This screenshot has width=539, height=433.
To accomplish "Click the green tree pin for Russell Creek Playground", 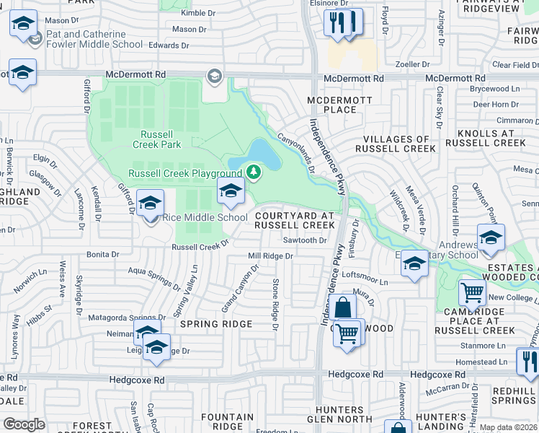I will click(253, 172).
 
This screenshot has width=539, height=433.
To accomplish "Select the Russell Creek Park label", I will click(156, 139).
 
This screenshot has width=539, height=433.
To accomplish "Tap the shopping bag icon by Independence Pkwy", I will click(344, 308).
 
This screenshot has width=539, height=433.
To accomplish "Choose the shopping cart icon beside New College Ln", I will click(472, 293).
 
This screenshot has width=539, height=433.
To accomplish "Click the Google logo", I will click(24, 424).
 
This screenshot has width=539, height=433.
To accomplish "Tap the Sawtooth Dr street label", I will click(305, 240).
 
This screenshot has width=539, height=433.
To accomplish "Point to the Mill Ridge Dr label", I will click(270, 256).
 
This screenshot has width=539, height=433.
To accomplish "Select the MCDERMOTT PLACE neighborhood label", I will click(331, 105).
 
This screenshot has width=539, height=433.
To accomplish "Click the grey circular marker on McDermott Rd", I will click(214, 76).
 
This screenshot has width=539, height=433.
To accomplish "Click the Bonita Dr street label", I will click(102, 255).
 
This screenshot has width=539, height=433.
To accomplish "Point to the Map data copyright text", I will click(508, 427).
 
